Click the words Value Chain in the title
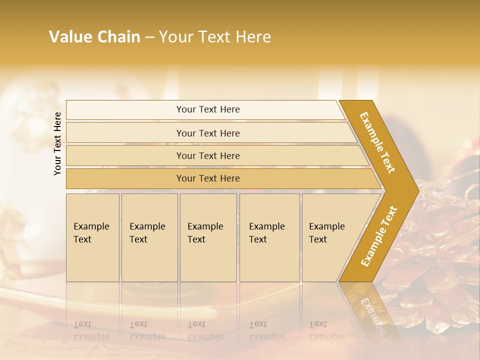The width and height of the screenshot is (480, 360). click(x=94, y=37)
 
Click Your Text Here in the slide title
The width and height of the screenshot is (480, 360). click(x=215, y=37)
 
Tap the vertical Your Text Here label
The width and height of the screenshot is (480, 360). click(x=57, y=143)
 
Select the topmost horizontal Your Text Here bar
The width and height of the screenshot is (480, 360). click(x=208, y=109)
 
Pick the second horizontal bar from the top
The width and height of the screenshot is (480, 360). click(x=208, y=133)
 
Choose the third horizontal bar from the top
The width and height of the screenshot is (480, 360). click(x=208, y=155)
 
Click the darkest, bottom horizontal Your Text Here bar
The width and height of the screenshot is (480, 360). click(x=208, y=178)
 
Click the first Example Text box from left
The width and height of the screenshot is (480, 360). click(x=92, y=237)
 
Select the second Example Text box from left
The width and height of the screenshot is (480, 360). click(x=149, y=237)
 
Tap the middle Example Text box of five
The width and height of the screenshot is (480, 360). click(x=207, y=237)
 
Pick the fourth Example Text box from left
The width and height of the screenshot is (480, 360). click(x=269, y=237)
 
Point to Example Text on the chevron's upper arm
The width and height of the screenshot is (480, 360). click(x=377, y=142)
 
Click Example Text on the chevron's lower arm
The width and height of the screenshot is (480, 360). click(x=379, y=236)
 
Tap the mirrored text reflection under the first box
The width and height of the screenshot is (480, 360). click(x=91, y=330)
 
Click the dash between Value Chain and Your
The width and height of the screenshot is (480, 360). click(x=149, y=37)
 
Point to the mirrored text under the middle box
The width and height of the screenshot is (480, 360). click(x=205, y=330)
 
